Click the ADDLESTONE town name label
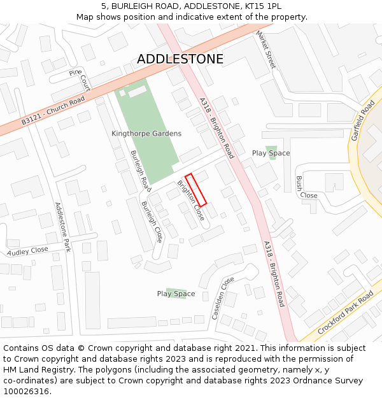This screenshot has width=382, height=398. (180, 59)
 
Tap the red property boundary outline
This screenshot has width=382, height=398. (196, 190)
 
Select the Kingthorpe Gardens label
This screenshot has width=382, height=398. (146, 134)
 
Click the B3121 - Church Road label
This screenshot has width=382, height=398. (53, 111)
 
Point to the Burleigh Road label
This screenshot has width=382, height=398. (141, 171)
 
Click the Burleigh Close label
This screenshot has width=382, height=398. (151, 222)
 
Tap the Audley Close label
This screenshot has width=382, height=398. (28, 251)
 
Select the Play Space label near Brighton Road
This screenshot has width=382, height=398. (271, 153)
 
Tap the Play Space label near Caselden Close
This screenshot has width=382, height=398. (176, 294)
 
